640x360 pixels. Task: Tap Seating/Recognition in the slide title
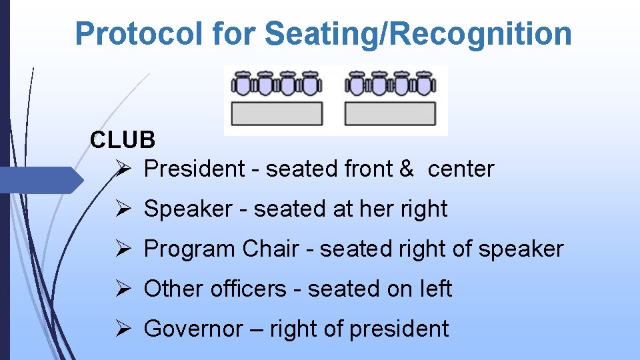click(418, 33)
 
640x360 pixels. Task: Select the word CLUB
click(123, 139)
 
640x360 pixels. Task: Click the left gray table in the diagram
click(277, 113)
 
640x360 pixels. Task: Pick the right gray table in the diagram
click(390, 113)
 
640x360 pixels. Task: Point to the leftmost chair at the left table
click(242, 84)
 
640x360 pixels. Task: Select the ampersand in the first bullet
click(407, 169)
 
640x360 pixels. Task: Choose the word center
click(461, 169)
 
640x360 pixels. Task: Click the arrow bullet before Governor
click(125, 329)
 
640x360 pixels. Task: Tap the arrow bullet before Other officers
click(125, 289)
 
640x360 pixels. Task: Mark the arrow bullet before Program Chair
click(125, 249)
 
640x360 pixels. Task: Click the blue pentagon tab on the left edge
click(40, 180)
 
